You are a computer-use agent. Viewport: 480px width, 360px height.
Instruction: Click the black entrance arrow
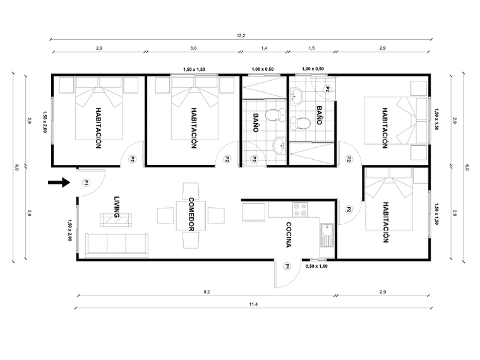58,183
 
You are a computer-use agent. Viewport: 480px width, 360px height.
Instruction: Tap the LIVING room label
116,207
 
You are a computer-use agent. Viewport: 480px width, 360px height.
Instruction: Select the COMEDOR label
191,213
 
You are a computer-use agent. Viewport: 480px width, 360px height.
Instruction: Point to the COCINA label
288,235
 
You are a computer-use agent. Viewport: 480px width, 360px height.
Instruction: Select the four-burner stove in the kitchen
297,208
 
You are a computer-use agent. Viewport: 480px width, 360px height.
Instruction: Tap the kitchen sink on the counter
327,237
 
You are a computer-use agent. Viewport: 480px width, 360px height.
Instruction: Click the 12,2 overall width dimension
241,36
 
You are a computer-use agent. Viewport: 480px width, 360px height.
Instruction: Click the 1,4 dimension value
264,48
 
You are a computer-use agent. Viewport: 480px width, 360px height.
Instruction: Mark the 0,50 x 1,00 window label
316,267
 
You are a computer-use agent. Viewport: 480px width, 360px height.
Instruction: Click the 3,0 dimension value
193,48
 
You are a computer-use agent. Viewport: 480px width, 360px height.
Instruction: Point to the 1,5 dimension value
312,48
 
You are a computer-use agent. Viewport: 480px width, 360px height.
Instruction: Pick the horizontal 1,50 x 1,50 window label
194,69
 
